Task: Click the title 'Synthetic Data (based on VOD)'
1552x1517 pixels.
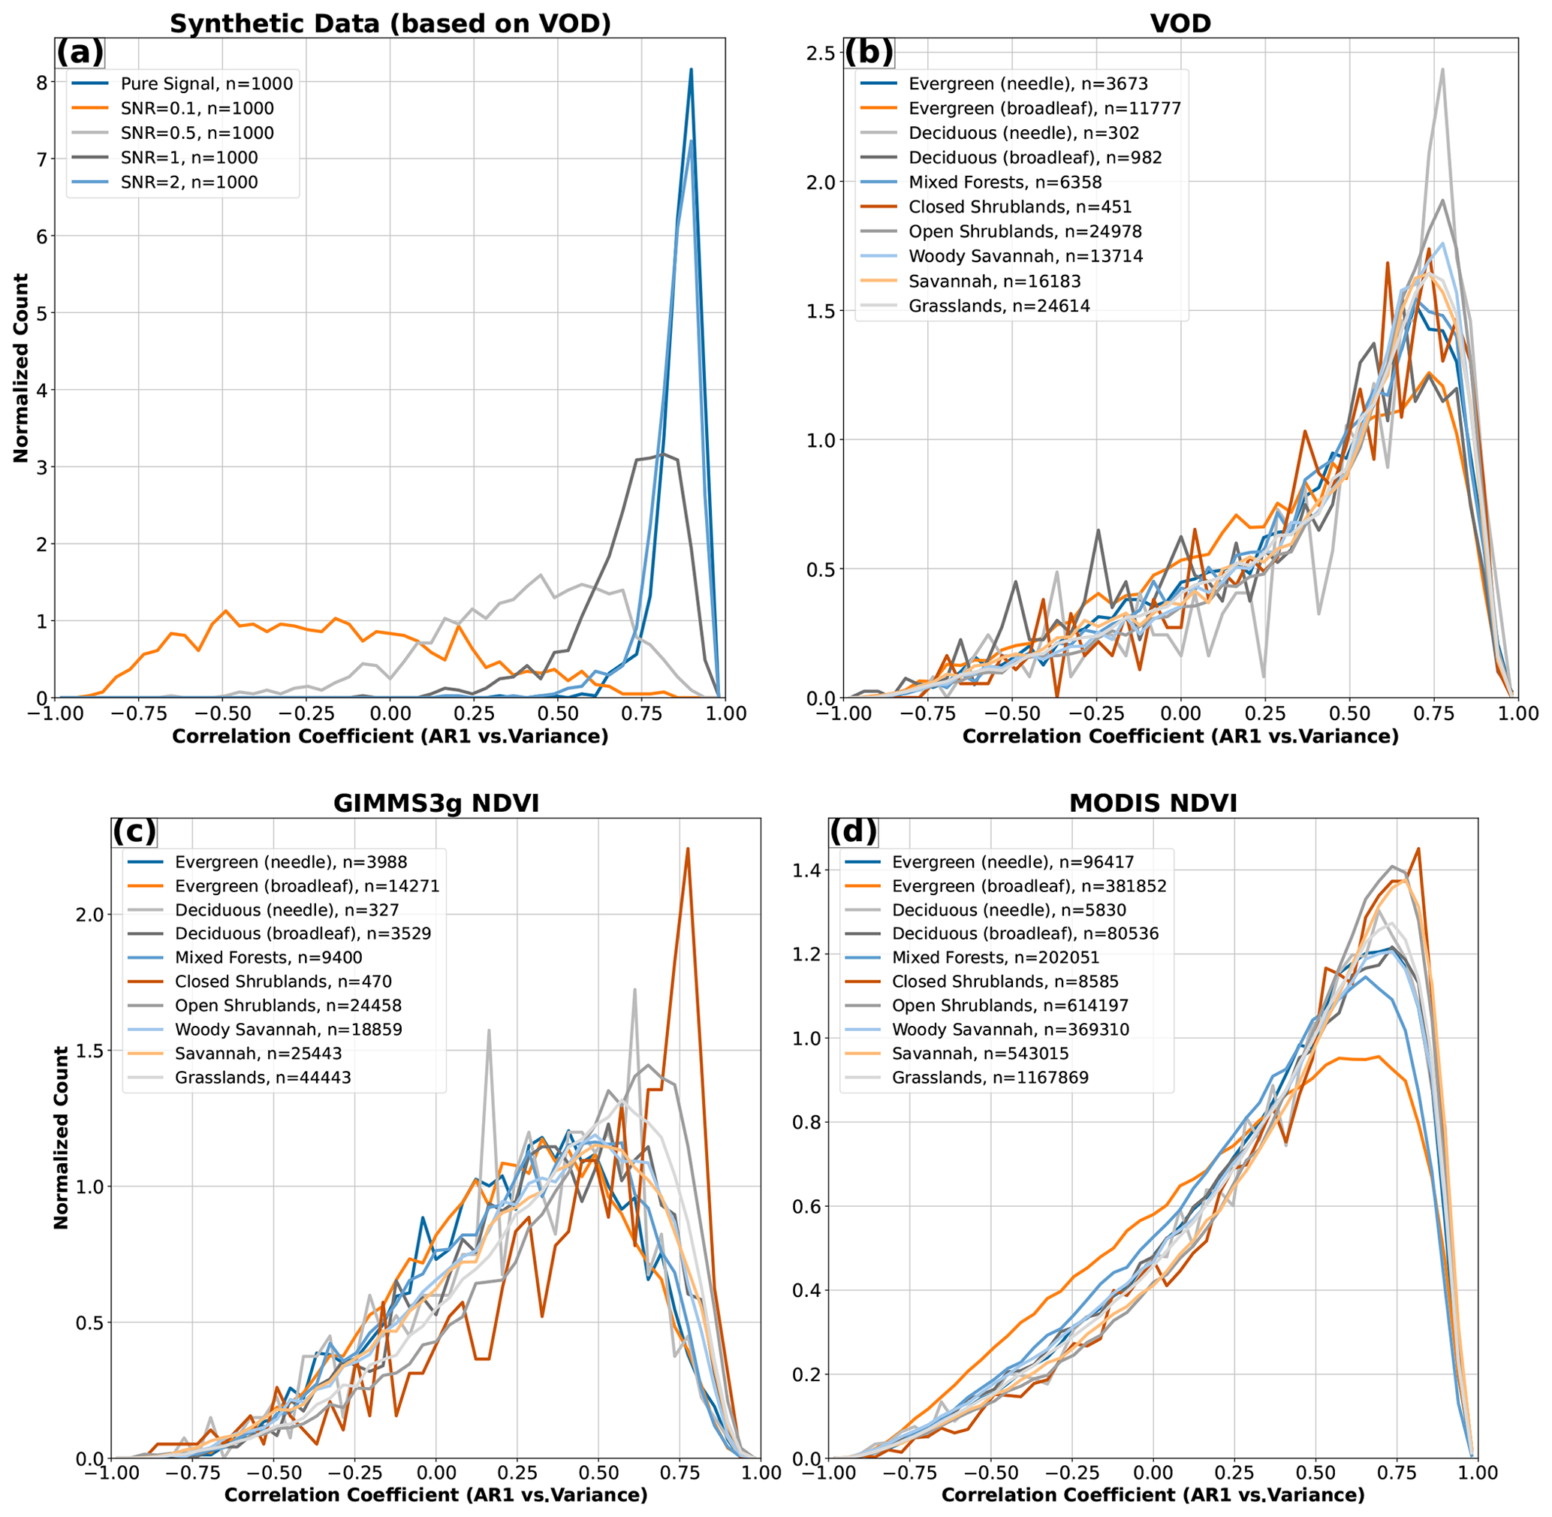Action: coord(390,23)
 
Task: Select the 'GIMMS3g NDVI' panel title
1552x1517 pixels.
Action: coord(435,802)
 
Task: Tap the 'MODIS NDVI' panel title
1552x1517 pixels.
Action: coord(1153,802)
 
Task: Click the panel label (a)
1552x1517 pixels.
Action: coord(80,53)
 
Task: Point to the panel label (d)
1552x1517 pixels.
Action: coord(852,831)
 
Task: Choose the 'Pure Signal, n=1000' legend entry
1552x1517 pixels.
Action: coord(206,83)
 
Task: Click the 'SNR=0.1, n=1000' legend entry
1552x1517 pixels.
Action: coord(197,108)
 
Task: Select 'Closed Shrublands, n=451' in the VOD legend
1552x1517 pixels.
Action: coord(1020,207)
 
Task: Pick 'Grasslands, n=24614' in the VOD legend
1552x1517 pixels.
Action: coord(999,306)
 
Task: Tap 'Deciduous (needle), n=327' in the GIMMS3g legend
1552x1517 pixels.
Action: coord(287,910)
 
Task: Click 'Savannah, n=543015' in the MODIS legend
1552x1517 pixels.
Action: coord(980,1054)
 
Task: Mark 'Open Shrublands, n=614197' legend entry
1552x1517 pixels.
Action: coord(1009,1006)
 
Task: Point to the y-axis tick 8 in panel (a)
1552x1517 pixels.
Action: coord(40,82)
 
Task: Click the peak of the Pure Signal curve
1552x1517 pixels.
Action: coord(691,69)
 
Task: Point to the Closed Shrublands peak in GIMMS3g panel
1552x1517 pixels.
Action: coord(687,849)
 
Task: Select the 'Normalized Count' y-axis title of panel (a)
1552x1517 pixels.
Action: coord(21,367)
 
